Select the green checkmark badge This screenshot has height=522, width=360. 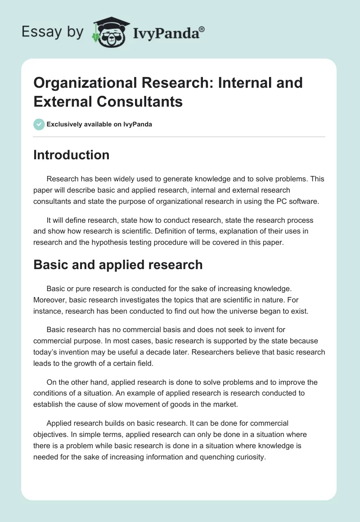pos(39,124)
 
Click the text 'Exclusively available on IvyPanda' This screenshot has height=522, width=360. pos(99,124)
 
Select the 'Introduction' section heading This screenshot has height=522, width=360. pos(72,155)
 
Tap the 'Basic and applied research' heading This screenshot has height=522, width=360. pos(118,265)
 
